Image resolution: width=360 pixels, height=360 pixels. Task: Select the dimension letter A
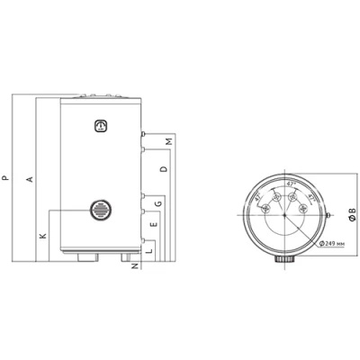coord(30,180)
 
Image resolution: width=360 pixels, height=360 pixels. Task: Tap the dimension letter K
coord(43,235)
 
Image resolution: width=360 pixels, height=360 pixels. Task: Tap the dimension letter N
coord(137,265)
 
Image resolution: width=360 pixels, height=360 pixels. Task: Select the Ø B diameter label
coord(350,214)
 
